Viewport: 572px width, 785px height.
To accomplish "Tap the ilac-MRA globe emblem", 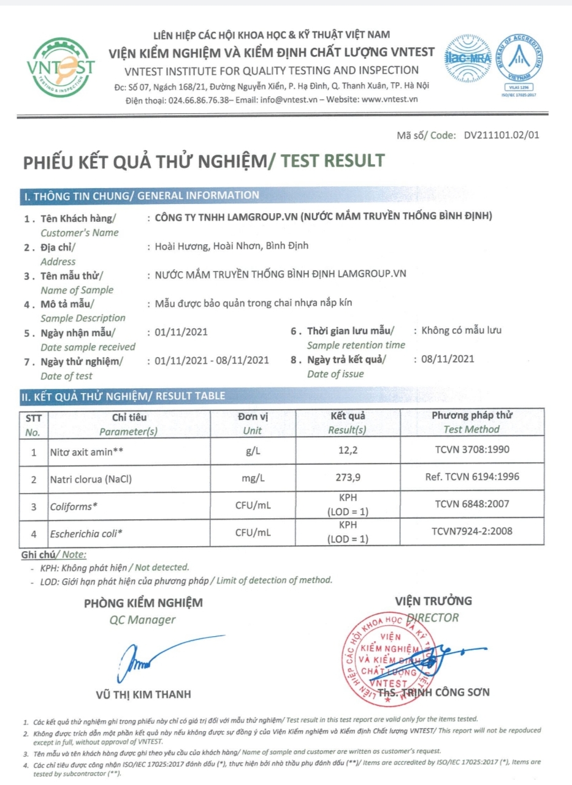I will point(468,59).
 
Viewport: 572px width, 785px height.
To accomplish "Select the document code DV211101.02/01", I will point(501,136).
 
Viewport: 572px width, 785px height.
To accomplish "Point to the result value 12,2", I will point(348,453).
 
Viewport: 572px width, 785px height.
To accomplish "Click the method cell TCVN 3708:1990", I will point(471,453).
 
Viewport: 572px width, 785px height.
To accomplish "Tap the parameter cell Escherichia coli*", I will point(86,533).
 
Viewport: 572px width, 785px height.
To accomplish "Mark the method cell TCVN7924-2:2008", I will point(471,531).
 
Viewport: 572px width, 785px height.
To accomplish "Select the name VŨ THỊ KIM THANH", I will point(143,694).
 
